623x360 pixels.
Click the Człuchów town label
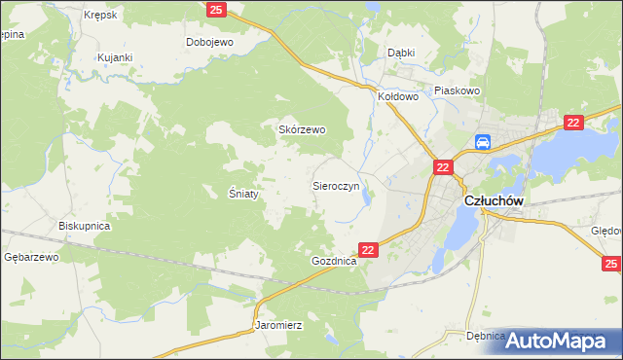click(x=495, y=200)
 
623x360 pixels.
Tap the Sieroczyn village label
click(x=337, y=184)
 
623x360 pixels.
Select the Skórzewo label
click(x=302, y=129)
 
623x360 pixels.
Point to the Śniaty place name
click(x=243, y=194)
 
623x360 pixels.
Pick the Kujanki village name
click(x=114, y=58)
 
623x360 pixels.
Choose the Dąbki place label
click(x=401, y=54)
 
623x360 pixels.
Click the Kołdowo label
click(x=397, y=97)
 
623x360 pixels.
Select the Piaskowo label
click(x=458, y=90)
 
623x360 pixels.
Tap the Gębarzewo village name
click(x=32, y=257)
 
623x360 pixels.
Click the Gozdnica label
click(x=334, y=263)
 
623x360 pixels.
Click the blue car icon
click(x=483, y=143)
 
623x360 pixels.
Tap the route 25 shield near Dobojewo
click(x=216, y=10)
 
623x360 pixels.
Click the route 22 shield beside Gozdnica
click(x=368, y=250)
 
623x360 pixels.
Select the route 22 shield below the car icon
click(x=443, y=168)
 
